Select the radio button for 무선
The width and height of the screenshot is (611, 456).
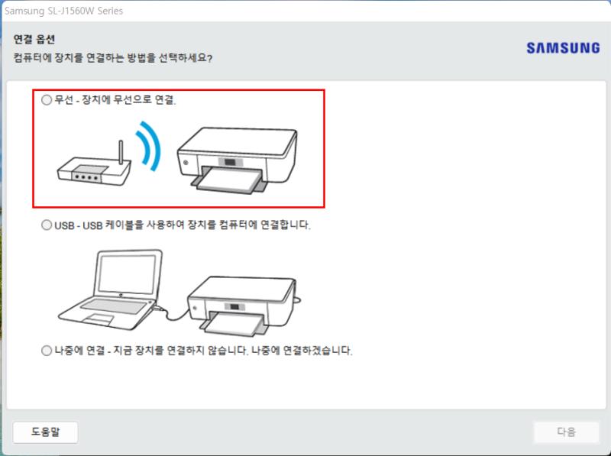pyautogui.click(x=47, y=100)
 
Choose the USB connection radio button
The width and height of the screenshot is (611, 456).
pyautogui.click(x=47, y=226)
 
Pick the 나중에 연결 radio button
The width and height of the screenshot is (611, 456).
pyautogui.click(x=47, y=351)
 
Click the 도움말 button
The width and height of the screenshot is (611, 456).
pyautogui.click(x=45, y=432)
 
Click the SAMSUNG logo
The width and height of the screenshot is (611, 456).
pyautogui.click(x=563, y=48)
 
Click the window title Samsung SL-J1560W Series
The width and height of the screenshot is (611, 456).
pyautogui.click(x=64, y=11)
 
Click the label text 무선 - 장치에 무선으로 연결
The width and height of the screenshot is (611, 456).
pyautogui.click(x=115, y=100)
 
